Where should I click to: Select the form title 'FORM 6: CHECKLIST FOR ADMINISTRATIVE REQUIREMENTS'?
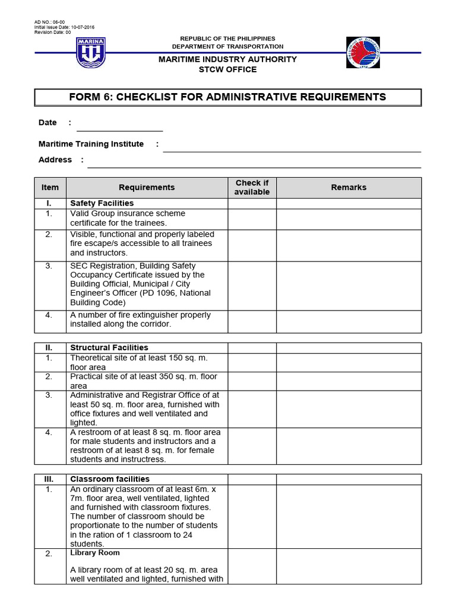227,97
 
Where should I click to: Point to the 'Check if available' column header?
252,187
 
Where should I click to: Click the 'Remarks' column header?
349,187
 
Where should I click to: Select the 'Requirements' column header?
147,187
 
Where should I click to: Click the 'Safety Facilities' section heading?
102,203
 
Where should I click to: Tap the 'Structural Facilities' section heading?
109,347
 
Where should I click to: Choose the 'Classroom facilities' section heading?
110,479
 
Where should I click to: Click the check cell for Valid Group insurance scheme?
252,219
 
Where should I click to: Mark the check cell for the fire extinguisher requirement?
252,321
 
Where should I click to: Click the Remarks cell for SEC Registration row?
349,285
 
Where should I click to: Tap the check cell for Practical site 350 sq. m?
252,381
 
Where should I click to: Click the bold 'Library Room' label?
95,552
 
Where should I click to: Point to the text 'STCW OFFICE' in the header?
227,69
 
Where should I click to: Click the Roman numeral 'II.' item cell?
50,347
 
